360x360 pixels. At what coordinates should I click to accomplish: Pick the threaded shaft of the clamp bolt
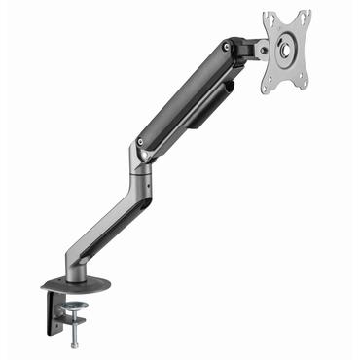tap(74, 328)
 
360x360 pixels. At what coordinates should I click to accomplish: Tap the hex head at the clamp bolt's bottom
tap(74, 345)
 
